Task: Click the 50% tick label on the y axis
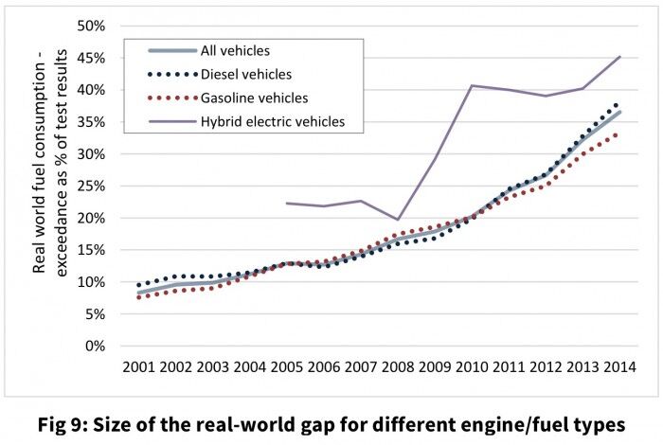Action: pyautogui.click(x=88, y=26)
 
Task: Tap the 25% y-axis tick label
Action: pyautogui.click(x=88, y=186)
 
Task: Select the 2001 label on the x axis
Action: pyautogui.click(x=139, y=365)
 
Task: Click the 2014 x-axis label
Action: pyautogui.click(x=618, y=365)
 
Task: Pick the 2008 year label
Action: pyautogui.click(x=397, y=365)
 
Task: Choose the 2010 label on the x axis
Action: pyautogui.click(x=471, y=365)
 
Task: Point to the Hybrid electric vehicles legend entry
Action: pyautogui.click(x=273, y=121)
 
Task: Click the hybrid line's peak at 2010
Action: pyautogui.click(x=471, y=85)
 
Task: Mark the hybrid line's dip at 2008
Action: pyautogui.click(x=397, y=220)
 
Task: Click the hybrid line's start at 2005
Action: pyautogui.click(x=287, y=203)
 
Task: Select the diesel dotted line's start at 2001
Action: pyautogui.click(x=139, y=285)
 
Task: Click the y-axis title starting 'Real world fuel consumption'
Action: pyautogui.click(x=49, y=186)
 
